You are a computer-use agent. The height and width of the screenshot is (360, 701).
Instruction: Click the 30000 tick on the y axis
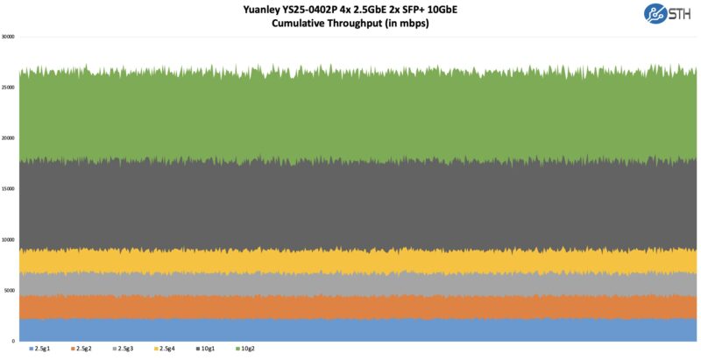[8, 37]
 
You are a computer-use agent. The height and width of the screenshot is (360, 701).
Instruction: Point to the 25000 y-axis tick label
[8, 88]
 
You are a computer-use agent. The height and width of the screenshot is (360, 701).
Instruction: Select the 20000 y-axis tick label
[8, 138]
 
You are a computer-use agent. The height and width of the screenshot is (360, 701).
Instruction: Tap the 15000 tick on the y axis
[8, 189]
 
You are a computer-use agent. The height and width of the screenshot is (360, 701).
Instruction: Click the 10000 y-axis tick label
[8, 239]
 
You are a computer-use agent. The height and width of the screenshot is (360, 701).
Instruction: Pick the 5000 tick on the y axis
[9, 290]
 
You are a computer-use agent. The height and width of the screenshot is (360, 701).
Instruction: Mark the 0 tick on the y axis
[13, 341]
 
